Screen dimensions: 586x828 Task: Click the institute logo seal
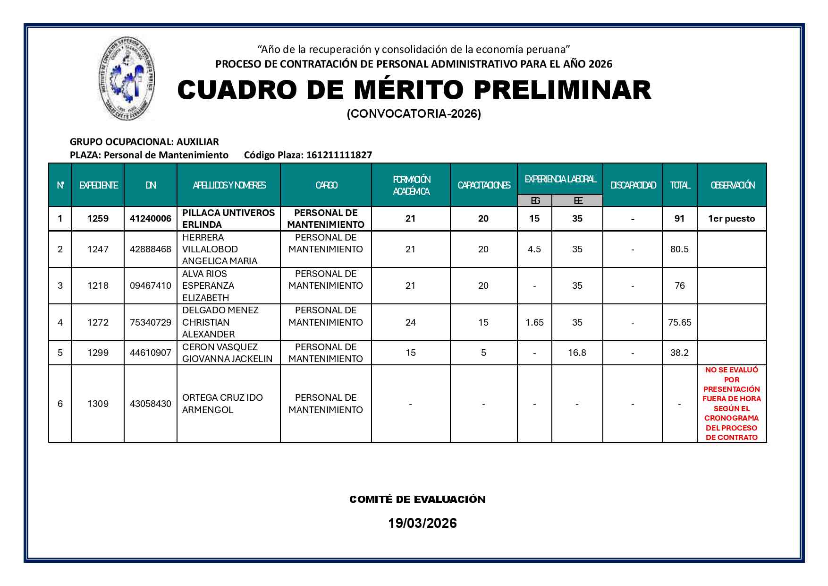[127, 78]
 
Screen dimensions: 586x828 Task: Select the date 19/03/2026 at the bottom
[422, 523]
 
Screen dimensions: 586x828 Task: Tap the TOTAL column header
[679, 185]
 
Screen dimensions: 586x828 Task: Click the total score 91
[679, 218]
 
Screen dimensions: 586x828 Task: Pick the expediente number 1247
[98, 249]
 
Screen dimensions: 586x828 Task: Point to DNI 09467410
[150, 285]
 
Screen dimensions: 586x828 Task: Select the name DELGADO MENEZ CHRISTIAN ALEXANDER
[220, 322]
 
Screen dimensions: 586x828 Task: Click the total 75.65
[679, 322]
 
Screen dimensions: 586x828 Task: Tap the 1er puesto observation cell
[731, 218]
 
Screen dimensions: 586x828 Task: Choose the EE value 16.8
[577, 353]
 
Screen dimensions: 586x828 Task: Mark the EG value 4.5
[534, 249]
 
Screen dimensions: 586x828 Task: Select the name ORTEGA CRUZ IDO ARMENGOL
[222, 404]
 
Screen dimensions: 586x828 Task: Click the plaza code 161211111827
[339, 155]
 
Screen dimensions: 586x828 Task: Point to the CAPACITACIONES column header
[483, 185]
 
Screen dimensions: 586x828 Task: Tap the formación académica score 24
[410, 322]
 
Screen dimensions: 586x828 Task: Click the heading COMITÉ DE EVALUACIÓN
[417, 500]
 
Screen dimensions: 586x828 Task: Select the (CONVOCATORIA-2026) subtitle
[414, 114]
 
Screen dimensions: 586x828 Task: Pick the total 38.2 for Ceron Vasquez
[679, 353]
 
